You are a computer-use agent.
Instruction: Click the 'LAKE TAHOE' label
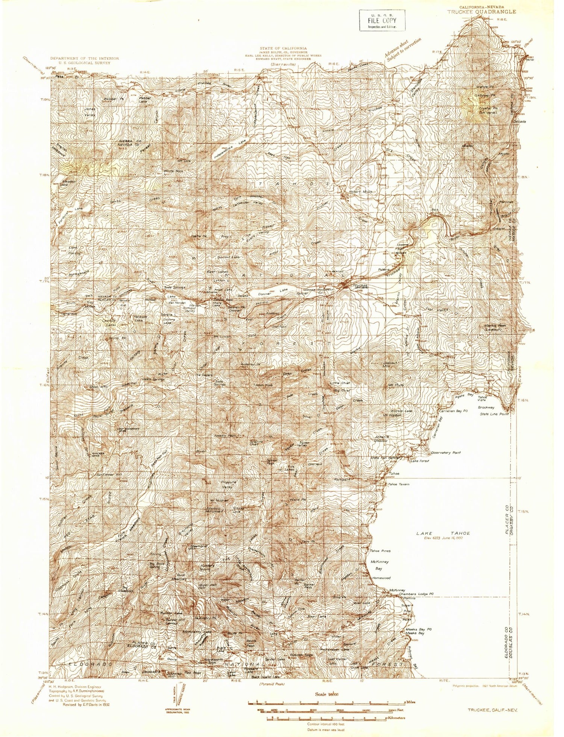pos(443,533)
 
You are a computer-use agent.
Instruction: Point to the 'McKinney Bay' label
pos(379,565)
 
